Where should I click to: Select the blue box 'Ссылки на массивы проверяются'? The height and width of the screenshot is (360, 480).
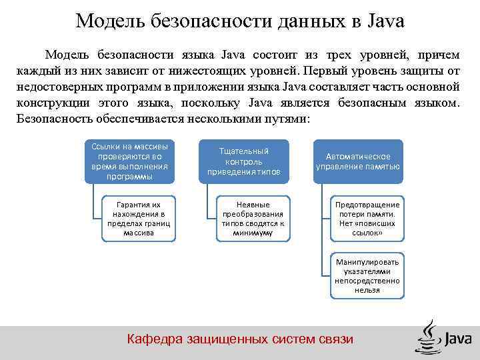coord(129,161)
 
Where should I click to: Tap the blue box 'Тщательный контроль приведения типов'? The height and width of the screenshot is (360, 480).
coord(243,161)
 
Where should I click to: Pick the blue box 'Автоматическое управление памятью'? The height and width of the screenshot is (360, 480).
coord(358,161)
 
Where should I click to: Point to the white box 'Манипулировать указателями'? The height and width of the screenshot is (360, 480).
coord(367,276)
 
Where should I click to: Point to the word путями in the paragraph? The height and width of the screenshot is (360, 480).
coord(287,119)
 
